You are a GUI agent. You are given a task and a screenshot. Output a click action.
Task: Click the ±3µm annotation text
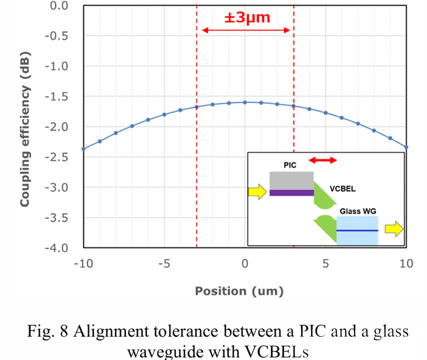247,18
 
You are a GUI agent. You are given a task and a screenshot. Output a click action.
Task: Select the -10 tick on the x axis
83,263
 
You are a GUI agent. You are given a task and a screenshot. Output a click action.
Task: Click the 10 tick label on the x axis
406,263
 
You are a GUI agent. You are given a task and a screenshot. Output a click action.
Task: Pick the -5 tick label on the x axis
164,263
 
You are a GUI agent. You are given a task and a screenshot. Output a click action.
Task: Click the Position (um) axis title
239,291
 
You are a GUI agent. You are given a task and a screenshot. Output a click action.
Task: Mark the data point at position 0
245,102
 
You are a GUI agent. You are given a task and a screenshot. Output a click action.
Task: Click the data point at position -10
83,149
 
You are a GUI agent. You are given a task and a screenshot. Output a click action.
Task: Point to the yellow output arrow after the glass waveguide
394,228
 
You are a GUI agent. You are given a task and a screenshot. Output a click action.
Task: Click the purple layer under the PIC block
291,193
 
